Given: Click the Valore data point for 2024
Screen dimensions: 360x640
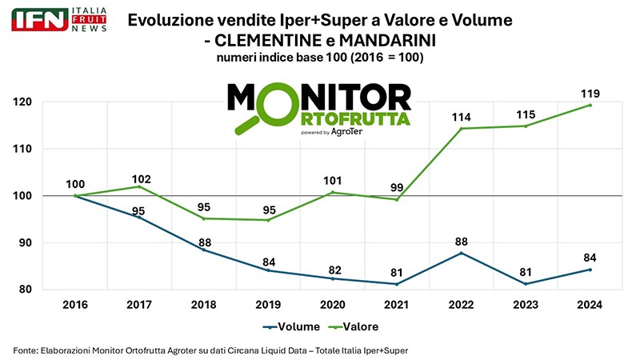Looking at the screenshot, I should click(x=590, y=105).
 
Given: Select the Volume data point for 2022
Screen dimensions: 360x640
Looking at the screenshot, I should click(x=462, y=253).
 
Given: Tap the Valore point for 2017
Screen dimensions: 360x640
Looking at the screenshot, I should click(x=140, y=186).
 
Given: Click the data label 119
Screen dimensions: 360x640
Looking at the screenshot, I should click(x=590, y=93).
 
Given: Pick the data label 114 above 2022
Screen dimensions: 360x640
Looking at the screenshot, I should click(x=462, y=117).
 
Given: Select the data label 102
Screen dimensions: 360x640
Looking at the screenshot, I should click(x=140, y=179).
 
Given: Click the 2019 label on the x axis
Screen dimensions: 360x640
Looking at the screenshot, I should click(x=269, y=305).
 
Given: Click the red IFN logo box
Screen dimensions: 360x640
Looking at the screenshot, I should click(x=39, y=19).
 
